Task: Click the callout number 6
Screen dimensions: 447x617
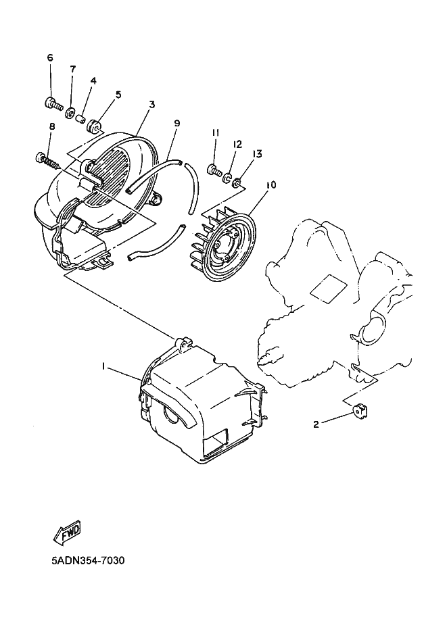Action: coord(50,58)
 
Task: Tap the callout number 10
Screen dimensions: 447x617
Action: coord(271,184)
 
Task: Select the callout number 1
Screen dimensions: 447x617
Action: coord(103,366)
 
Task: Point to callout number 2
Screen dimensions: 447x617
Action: coord(316,424)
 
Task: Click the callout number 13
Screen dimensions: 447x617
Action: coord(257,154)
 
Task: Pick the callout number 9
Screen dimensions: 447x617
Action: coord(177,123)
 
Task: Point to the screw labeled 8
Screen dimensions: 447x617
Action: coord(47,161)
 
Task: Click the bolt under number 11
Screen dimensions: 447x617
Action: coord(214,171)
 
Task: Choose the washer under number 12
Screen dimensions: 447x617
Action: coord(227,178)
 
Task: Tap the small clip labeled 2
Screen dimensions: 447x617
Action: coord(360,411)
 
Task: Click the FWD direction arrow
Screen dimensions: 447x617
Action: coord(68,533)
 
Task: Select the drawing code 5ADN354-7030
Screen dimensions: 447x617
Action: coord(88,560)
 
